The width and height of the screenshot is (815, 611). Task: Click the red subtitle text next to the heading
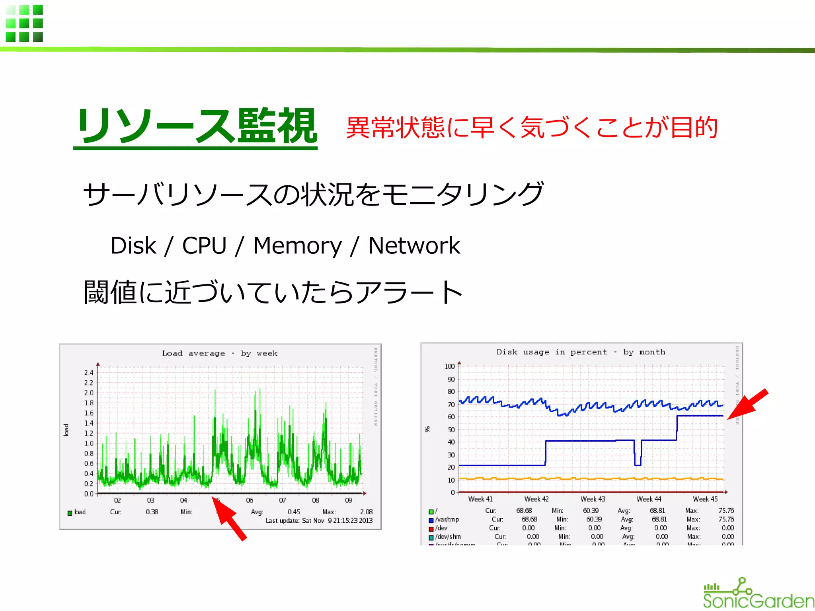point(532,128)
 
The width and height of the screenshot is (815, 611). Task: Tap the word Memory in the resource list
point(297,245)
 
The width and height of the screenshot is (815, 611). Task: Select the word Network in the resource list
point(414,245)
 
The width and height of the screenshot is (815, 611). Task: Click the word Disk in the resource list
point(133,245)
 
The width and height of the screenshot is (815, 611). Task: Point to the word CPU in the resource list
point(204,245)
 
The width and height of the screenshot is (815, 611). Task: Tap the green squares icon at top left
point(24,23)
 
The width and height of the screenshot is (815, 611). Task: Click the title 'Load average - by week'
point(220,353)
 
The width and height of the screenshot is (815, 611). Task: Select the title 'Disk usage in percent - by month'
point(581,352)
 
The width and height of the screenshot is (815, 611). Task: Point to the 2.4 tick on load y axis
point(88,373)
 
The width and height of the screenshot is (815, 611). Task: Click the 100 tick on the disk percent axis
point(449,366)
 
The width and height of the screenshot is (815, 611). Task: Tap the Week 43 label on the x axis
point(593,499)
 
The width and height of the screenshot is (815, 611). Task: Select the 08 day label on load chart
point(316,500)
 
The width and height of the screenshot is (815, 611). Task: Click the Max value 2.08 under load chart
point(366,512)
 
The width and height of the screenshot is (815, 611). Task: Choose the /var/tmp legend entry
point(446,520)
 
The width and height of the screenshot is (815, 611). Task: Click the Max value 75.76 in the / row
point(726,511)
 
